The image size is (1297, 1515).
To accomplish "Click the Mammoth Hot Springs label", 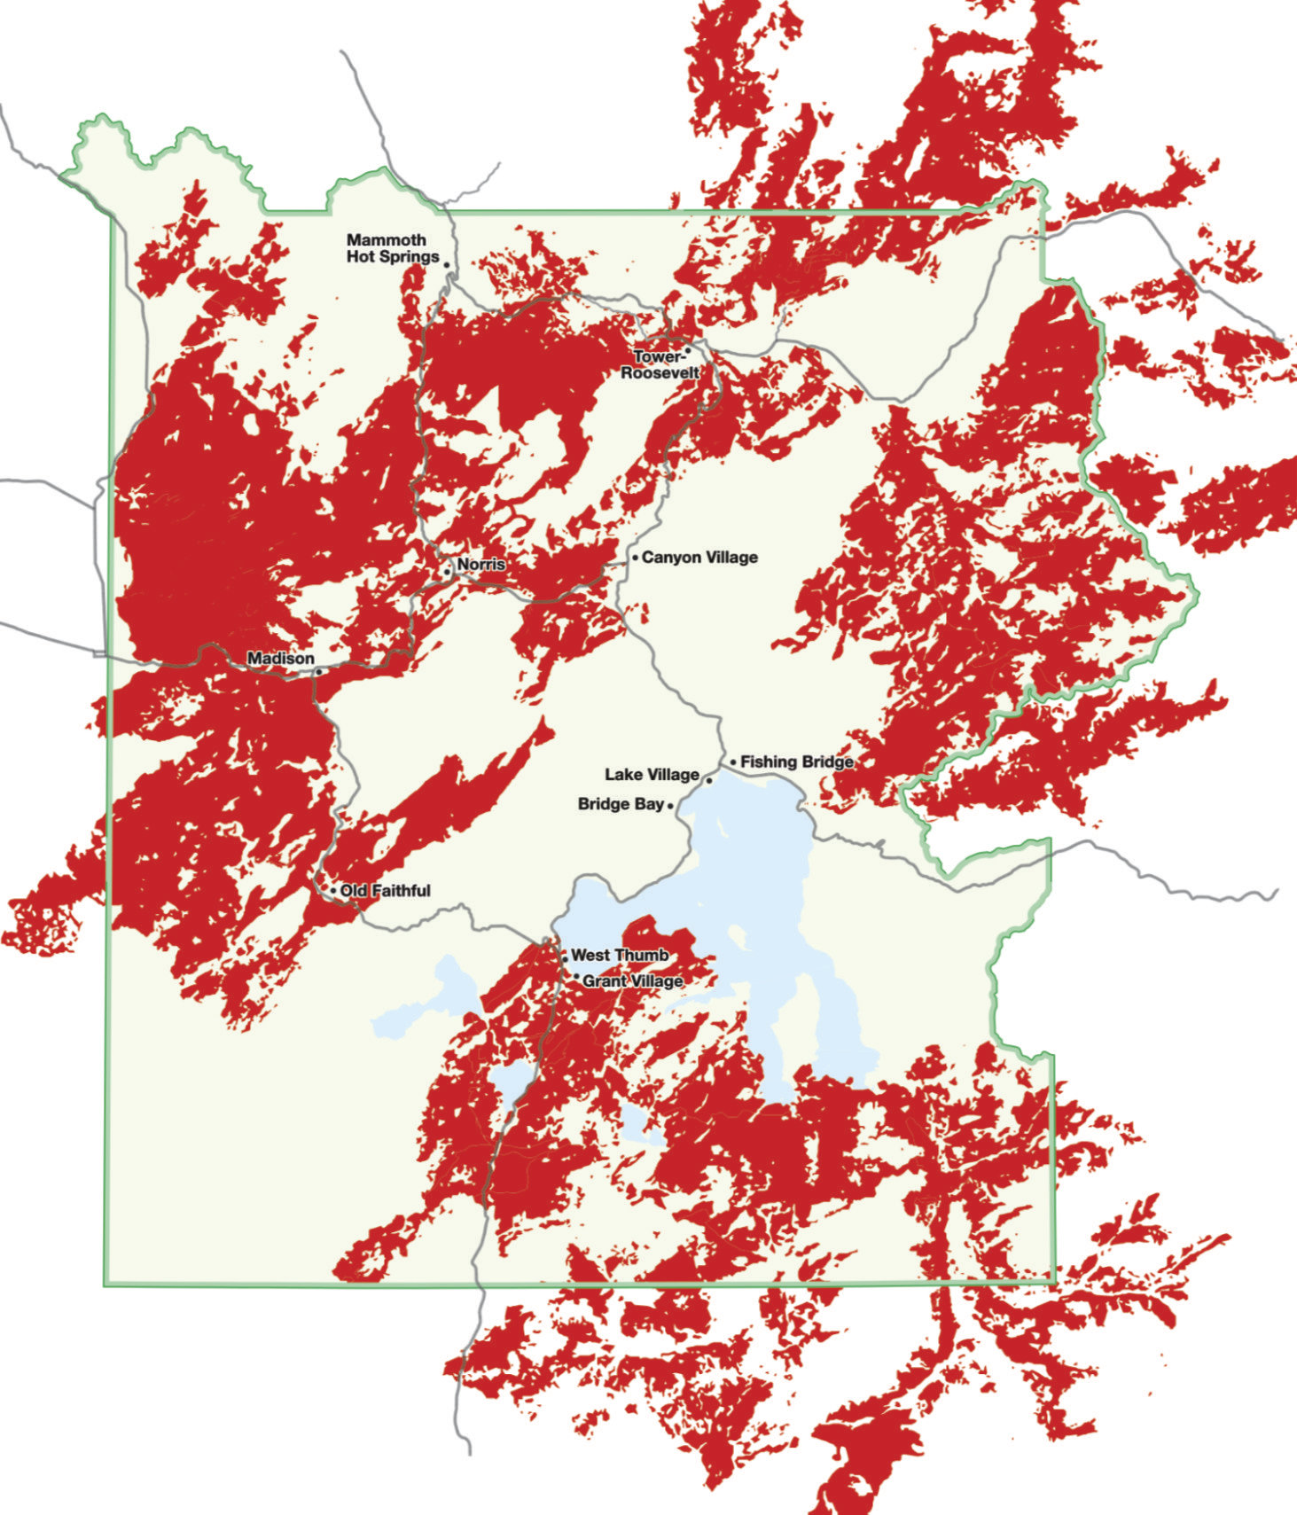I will (x=393, y=248).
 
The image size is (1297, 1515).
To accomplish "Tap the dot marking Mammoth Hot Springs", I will (x=447, y=265).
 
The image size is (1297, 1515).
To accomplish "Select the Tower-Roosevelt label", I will (x=660, y=364).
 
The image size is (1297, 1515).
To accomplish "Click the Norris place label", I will (x=481, y=565).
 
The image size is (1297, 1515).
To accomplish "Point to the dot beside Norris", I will (x=449, y=572).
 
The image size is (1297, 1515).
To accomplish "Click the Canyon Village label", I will (x=699, y=558).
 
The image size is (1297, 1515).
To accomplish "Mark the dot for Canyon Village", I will (x=635, y=558).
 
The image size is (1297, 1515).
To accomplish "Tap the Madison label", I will (x=280, y=659).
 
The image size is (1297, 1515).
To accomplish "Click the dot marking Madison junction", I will (x=318, y=672).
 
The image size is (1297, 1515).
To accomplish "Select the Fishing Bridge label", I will (x=797, y=761).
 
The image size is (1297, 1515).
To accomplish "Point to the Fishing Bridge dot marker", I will (x=733, y=762).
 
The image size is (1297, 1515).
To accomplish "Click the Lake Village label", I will (x=652, y=775).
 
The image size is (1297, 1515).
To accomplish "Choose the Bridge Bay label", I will (x=621, y=804).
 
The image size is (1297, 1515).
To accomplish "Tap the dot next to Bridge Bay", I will (x=670, y=806).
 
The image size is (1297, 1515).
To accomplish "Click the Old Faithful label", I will (x=386, y=890).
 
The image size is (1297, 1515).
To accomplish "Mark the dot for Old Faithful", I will (x=333, y=890).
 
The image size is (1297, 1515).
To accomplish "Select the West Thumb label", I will (x=620, y=956).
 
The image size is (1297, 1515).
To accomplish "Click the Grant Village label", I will (x=632, y=981).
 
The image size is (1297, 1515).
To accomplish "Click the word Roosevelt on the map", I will (x=660, y=373).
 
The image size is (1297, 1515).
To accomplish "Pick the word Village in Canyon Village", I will (x=728, y=558).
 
